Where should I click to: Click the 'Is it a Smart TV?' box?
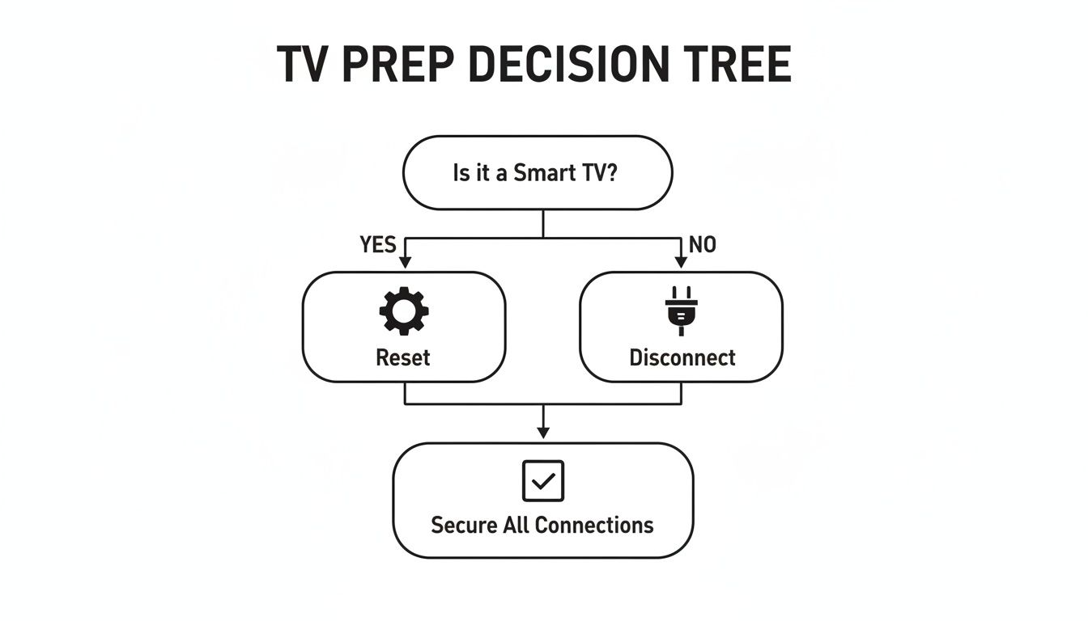(538, 173)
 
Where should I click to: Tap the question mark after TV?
(611, 173)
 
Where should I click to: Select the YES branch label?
(377, 245)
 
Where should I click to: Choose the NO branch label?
(702, 245)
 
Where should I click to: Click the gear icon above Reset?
(403, 311)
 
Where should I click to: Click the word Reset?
(403, 357)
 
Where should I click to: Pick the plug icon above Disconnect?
(681, 310)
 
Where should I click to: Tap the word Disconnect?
(682, 357)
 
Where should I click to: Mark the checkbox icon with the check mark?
(542, 481)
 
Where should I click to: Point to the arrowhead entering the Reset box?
(404, 264)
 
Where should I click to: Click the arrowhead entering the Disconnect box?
(681, 264)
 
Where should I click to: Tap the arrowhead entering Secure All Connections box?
(543, 433)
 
